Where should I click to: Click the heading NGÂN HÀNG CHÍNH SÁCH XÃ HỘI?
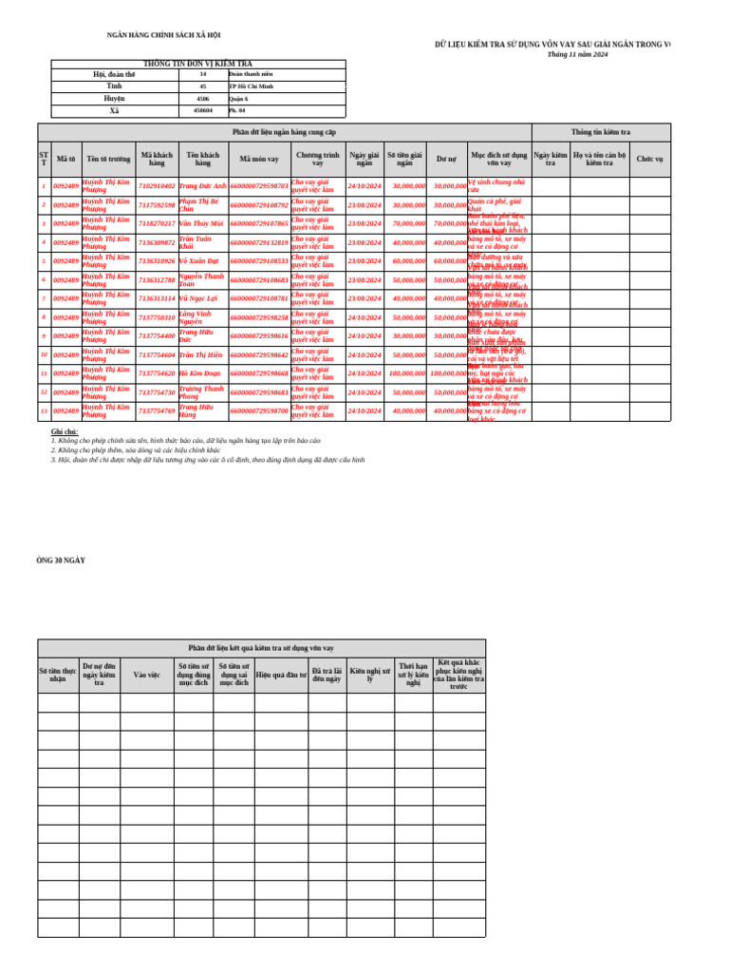coord(163,35)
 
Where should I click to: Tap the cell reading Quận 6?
coord(238,98)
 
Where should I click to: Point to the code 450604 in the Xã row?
coord(203,110)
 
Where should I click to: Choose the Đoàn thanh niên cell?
coord(251,73)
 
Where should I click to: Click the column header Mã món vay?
coord(259,159)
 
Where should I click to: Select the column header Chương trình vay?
coord(317,159)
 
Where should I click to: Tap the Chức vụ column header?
coord(650,159)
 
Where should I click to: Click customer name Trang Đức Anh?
coord(202,186)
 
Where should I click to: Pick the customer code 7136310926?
coord(157,260)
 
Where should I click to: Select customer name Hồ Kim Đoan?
coord(199,373)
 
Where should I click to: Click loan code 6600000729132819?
coord(259,242)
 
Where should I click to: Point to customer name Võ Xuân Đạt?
coord(198,260)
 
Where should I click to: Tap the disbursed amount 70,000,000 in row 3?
coord(408,223)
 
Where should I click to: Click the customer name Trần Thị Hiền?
coord(201,354)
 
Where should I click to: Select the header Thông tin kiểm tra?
coord(600,132)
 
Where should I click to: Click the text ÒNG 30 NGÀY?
coord(61,562)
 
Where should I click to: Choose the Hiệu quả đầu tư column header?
coord(280,675)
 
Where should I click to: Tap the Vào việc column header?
coord(147,675)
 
